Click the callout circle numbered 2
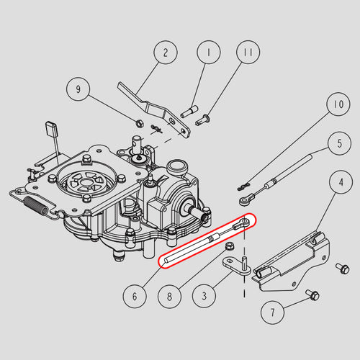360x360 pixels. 166,53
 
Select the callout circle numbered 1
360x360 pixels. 209,52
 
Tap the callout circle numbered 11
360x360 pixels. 248,52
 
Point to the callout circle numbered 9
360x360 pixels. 78,89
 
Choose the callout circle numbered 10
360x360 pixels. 338,104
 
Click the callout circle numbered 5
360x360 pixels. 340,143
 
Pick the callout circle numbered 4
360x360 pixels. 341,182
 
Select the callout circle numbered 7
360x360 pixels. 273,312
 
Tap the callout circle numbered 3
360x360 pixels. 204,296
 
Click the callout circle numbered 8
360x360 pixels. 169,296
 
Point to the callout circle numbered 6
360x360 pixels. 135,296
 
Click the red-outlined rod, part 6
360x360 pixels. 207,240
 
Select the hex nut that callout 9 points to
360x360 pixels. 140,124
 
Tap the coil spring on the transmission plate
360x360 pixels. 36,205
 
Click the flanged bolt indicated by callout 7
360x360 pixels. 312,295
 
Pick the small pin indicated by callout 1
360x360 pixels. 189,112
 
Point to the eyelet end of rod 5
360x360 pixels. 246,199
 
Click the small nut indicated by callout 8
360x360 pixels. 230,246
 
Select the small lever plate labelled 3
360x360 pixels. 237,266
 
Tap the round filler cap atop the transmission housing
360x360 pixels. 177,166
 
